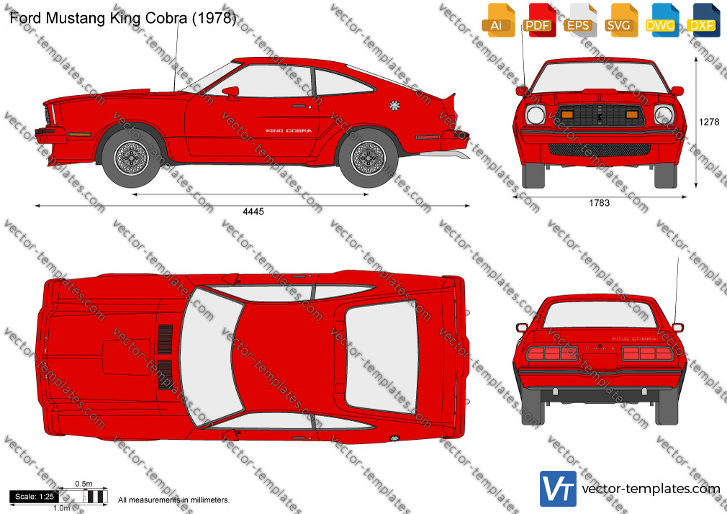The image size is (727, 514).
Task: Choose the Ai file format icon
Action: click(498, 20)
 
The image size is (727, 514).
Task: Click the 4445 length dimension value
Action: click(253, 212)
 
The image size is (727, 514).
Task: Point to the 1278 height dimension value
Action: click(709, 122)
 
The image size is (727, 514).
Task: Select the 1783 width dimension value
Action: click(599, 203)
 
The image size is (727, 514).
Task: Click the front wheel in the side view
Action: click(131, 158)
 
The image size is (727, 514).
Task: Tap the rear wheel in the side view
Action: click(368, 158)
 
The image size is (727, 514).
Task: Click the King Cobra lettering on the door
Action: click(289, 131)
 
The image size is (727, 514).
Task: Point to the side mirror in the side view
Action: click(231, 92)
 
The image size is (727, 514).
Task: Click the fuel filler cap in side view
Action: click(394, 106)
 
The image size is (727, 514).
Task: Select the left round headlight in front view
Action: click(536, 114)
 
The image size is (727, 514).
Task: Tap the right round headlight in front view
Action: click(664, 114)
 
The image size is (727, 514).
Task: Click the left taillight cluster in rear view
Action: click(552, 353)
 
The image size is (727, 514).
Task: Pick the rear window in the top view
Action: click(381, 356)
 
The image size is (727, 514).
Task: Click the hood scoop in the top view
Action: click(126, 357)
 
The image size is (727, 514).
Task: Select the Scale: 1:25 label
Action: click(35, 497)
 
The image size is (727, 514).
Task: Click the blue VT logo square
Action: click(559, 489)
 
